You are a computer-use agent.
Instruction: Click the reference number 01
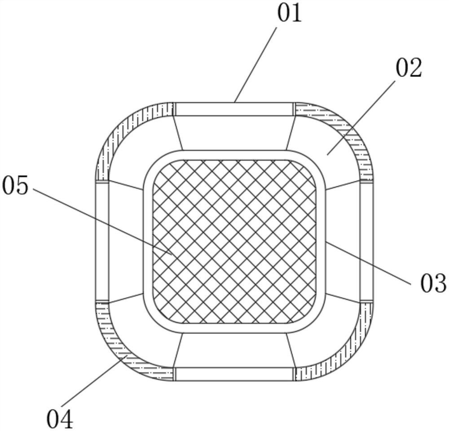pos(289,13)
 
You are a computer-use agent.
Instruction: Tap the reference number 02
pos(409,69)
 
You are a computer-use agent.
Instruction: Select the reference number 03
pos(433,283)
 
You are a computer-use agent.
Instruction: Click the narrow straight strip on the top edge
pos(233,109)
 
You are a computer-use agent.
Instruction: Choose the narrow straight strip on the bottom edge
pos(233,374)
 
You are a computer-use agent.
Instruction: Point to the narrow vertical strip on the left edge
pos(102,242)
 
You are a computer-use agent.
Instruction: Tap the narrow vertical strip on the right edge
pos(366,242)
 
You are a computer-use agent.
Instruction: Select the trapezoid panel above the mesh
pos(233,133)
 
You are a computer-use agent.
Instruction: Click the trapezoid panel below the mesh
pos(233,350)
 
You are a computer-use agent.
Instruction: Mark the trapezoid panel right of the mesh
pos(342,242)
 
